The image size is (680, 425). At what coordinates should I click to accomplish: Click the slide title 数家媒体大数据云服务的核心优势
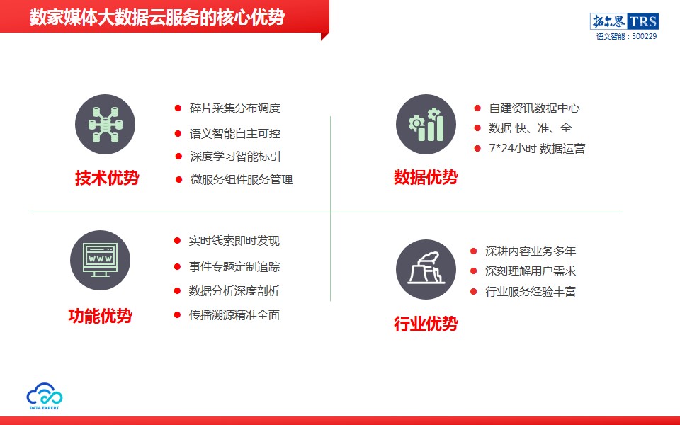pyautogui.click(x=157, y=17)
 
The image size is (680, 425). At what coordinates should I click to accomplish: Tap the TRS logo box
pyautogui.click(x=624, y=21)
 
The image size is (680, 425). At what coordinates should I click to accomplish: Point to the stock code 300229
pyautogui.click(x=644, y=36)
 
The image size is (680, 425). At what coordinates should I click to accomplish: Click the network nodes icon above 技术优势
pyautogui.click(x=105, y=125)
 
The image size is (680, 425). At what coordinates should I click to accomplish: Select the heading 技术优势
pyautogui.click(x=107, y=178)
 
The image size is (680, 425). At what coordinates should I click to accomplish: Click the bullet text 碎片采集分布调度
pyautogui.click(x=235, y=108)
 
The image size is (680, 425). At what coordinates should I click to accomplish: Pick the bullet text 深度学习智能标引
pyautogui.click(x=235, y=156)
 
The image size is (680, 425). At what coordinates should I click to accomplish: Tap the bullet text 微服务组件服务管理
pyautogui.click(x=242, y=179)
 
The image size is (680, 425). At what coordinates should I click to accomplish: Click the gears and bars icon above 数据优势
pyautogui.click(x=426, y=125)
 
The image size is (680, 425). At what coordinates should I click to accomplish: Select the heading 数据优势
pyautogui.click(x=426, y=177)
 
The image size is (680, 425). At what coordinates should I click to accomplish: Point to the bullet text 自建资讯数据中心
pyautogui.click(x=534, y=108)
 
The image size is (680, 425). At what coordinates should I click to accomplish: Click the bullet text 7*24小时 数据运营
pyautogui.click(x=537, y=148)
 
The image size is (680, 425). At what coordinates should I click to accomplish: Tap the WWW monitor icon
pyautogui.click(x=100, y=260)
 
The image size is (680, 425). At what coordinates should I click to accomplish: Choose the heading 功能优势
pyautogui.click(x=100, y=316)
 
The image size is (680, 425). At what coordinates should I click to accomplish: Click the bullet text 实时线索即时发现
pyautogui.click(x=234, y=241)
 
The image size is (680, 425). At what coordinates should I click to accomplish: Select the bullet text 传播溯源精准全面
pyautogui.click(x=234, y=314)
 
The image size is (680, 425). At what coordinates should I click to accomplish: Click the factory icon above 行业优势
pyautogui.click(x=426, y=269)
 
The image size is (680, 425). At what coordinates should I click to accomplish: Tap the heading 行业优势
pyautogui.click(x=426, y=324)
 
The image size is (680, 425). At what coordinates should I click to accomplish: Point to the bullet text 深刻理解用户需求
pyautogui.click(x=531, y=271)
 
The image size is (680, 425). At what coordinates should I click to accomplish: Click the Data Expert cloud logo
pyautogui.click(x=44, y=396)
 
